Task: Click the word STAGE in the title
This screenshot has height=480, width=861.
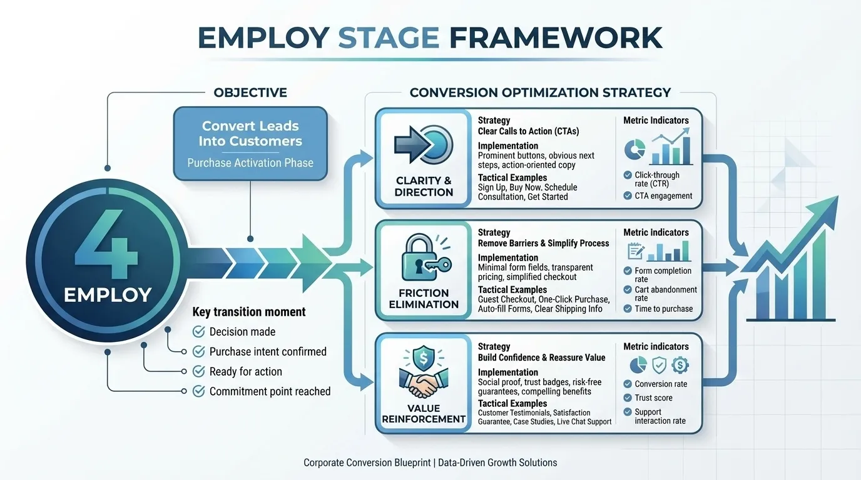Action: [388, 37]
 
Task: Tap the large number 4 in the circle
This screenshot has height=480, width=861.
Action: [106, 245]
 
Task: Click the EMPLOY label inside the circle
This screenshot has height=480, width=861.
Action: [107, 294]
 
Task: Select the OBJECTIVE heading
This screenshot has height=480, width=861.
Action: [250, 92]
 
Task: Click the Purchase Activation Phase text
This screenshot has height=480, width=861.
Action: [250, 163]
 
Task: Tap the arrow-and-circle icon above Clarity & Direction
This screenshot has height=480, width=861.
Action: [424, 145]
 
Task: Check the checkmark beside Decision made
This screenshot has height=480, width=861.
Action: [199, 331]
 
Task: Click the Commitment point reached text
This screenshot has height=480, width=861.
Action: [270, 391]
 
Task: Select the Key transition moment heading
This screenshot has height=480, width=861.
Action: [249, 312]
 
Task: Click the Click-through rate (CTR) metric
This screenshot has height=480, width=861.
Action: [657, 179]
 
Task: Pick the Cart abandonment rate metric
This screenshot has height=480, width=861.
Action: [666, 294]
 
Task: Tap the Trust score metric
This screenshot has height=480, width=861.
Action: [653, 398]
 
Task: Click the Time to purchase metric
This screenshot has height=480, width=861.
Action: [663, 309]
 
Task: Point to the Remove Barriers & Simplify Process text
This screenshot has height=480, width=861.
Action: [543, 243]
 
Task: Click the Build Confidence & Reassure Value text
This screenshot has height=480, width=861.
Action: [541, 357]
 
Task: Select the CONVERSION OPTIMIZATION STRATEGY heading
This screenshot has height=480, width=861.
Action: [540, 92]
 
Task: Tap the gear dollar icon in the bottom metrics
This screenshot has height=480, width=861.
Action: [680, 365]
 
